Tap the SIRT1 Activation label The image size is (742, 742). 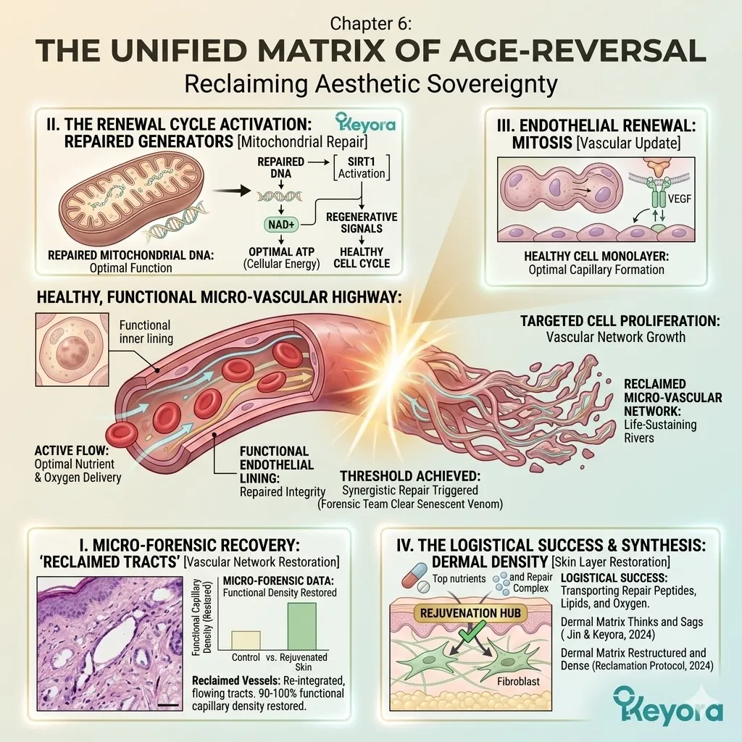coord(361,167)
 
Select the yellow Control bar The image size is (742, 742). coord(245,640)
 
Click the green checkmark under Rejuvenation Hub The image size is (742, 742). coord(471,637)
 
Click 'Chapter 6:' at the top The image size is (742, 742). coord(370,23)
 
